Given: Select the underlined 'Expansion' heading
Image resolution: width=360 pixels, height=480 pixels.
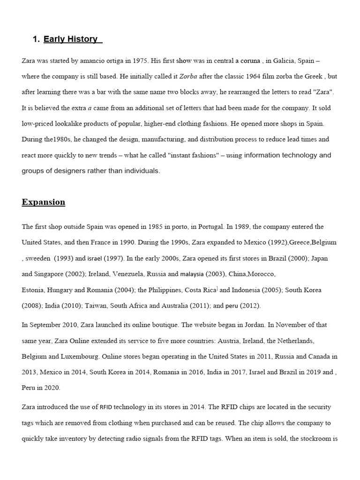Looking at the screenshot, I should [44, 202].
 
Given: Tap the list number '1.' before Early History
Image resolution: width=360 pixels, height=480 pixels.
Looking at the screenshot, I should [36, 39].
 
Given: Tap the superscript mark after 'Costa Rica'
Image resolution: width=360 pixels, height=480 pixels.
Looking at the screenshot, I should [217, 288].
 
